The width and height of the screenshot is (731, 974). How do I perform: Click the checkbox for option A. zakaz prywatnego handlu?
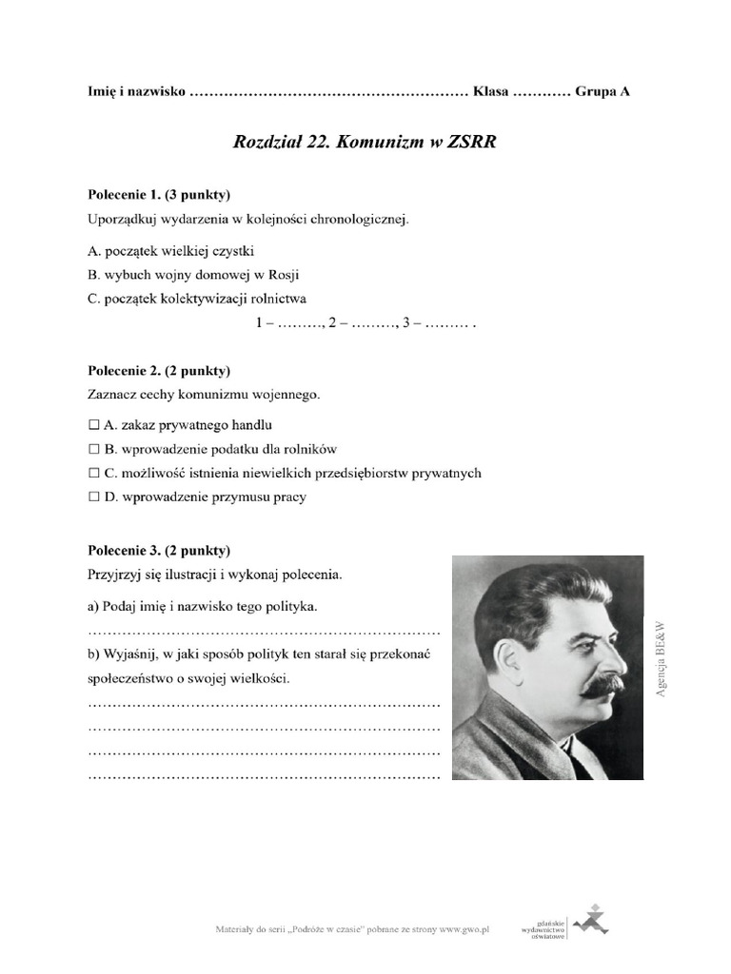pyautogui.click(x=93, y=425)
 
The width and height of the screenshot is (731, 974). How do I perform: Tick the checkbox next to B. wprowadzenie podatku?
pyautogui.click(x=93, y=449)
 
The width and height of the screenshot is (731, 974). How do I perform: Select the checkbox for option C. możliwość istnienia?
pyautogui.click(x=93, y=473)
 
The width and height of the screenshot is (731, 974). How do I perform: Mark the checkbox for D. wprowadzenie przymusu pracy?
pyautogui.click(x=93, y=497)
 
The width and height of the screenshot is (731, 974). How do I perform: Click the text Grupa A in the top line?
pyautogui.click(x=603, y=92)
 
